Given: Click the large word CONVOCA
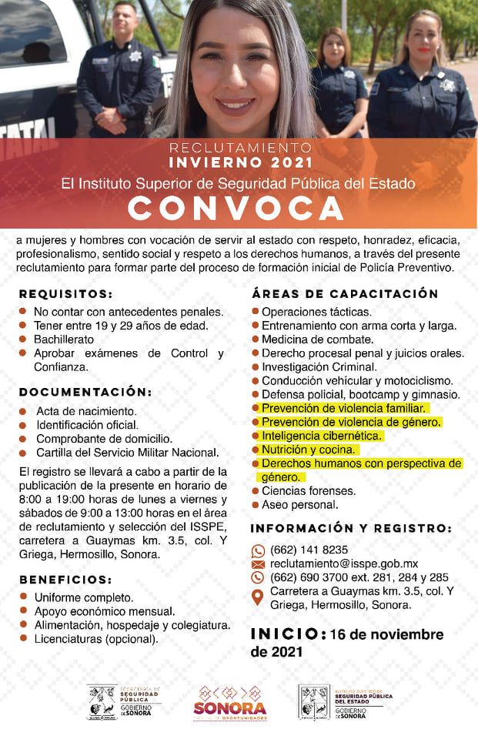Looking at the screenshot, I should [236, 208].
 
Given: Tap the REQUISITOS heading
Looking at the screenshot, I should [66, 294].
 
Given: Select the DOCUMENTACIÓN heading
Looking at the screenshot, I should [85, 392].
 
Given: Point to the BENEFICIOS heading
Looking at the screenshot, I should [66, 579].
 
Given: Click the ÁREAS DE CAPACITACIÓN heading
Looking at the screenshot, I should [345, 294].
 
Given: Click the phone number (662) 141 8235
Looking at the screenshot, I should [309, 550].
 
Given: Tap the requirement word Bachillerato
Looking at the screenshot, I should [63, 339].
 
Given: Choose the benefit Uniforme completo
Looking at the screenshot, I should [83, 597].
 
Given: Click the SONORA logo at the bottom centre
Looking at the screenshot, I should [230, 703].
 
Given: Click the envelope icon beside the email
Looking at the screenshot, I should [258, 564].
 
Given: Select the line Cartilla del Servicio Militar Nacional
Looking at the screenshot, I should [127, 453].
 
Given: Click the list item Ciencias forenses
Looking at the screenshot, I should [308, 491].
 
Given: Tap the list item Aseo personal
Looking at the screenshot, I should [299, 505].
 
